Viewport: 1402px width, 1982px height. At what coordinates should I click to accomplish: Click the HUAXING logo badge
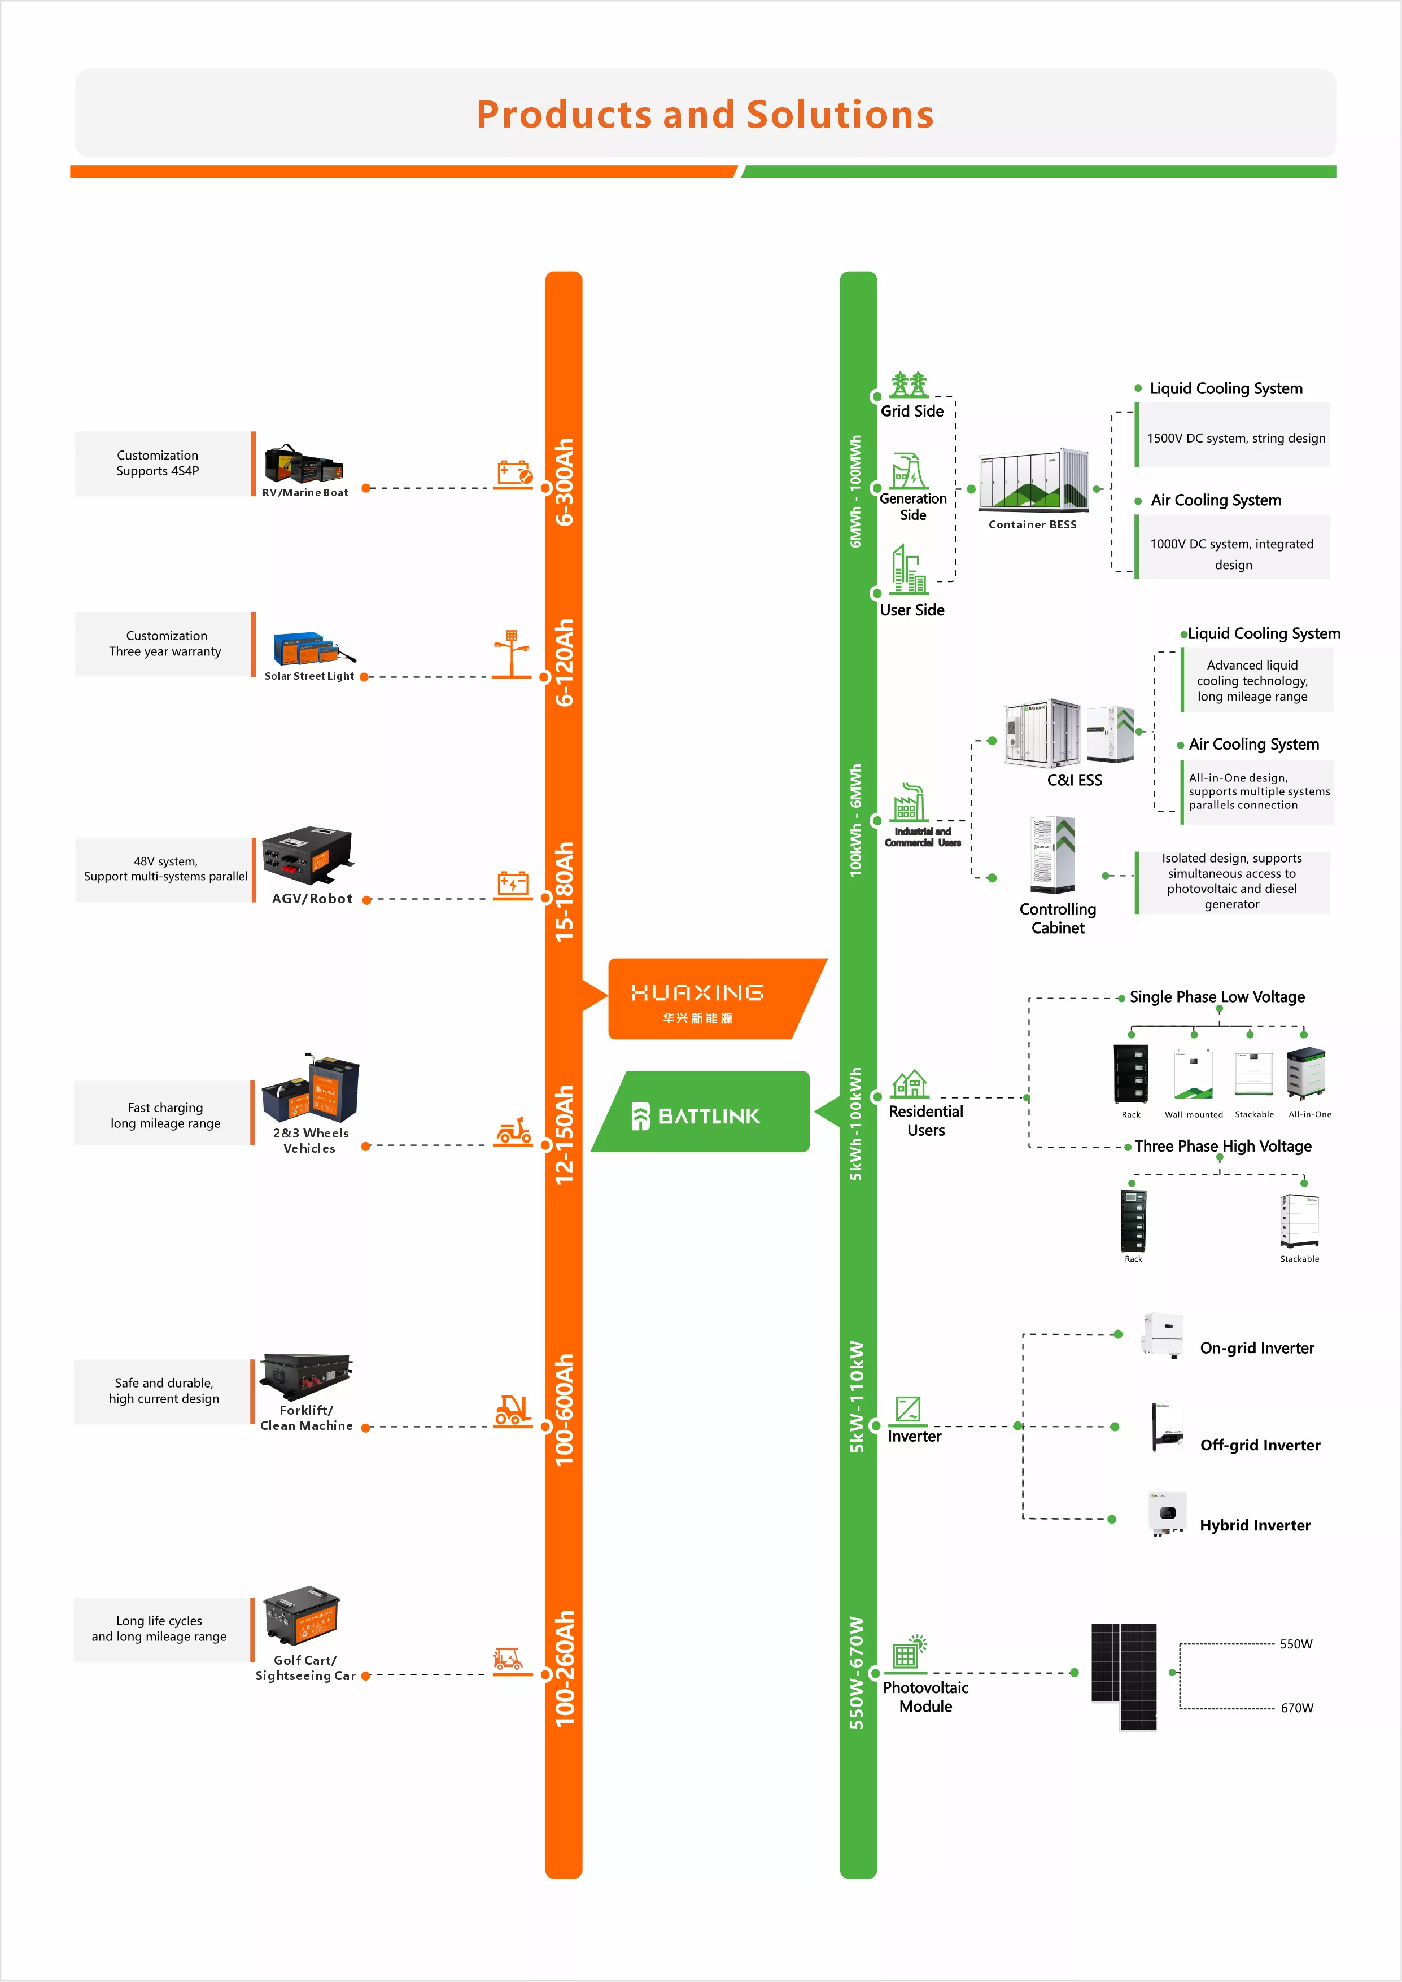717,999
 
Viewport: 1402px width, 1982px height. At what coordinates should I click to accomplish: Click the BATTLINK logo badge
701,1112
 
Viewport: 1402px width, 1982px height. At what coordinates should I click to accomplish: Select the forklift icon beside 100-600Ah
512,1411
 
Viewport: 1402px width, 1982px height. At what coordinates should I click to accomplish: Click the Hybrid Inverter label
1255,1525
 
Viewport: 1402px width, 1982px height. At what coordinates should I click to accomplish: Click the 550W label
1296,1644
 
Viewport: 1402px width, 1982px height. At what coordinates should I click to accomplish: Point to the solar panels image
1124,1677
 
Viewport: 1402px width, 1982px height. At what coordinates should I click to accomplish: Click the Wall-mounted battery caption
1194,1114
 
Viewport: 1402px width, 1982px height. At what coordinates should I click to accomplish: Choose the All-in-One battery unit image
1306,1073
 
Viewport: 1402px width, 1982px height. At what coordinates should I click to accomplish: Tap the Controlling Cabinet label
1058,918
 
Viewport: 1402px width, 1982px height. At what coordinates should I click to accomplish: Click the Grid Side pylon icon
909,384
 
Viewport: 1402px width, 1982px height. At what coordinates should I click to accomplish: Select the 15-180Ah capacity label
564,892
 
